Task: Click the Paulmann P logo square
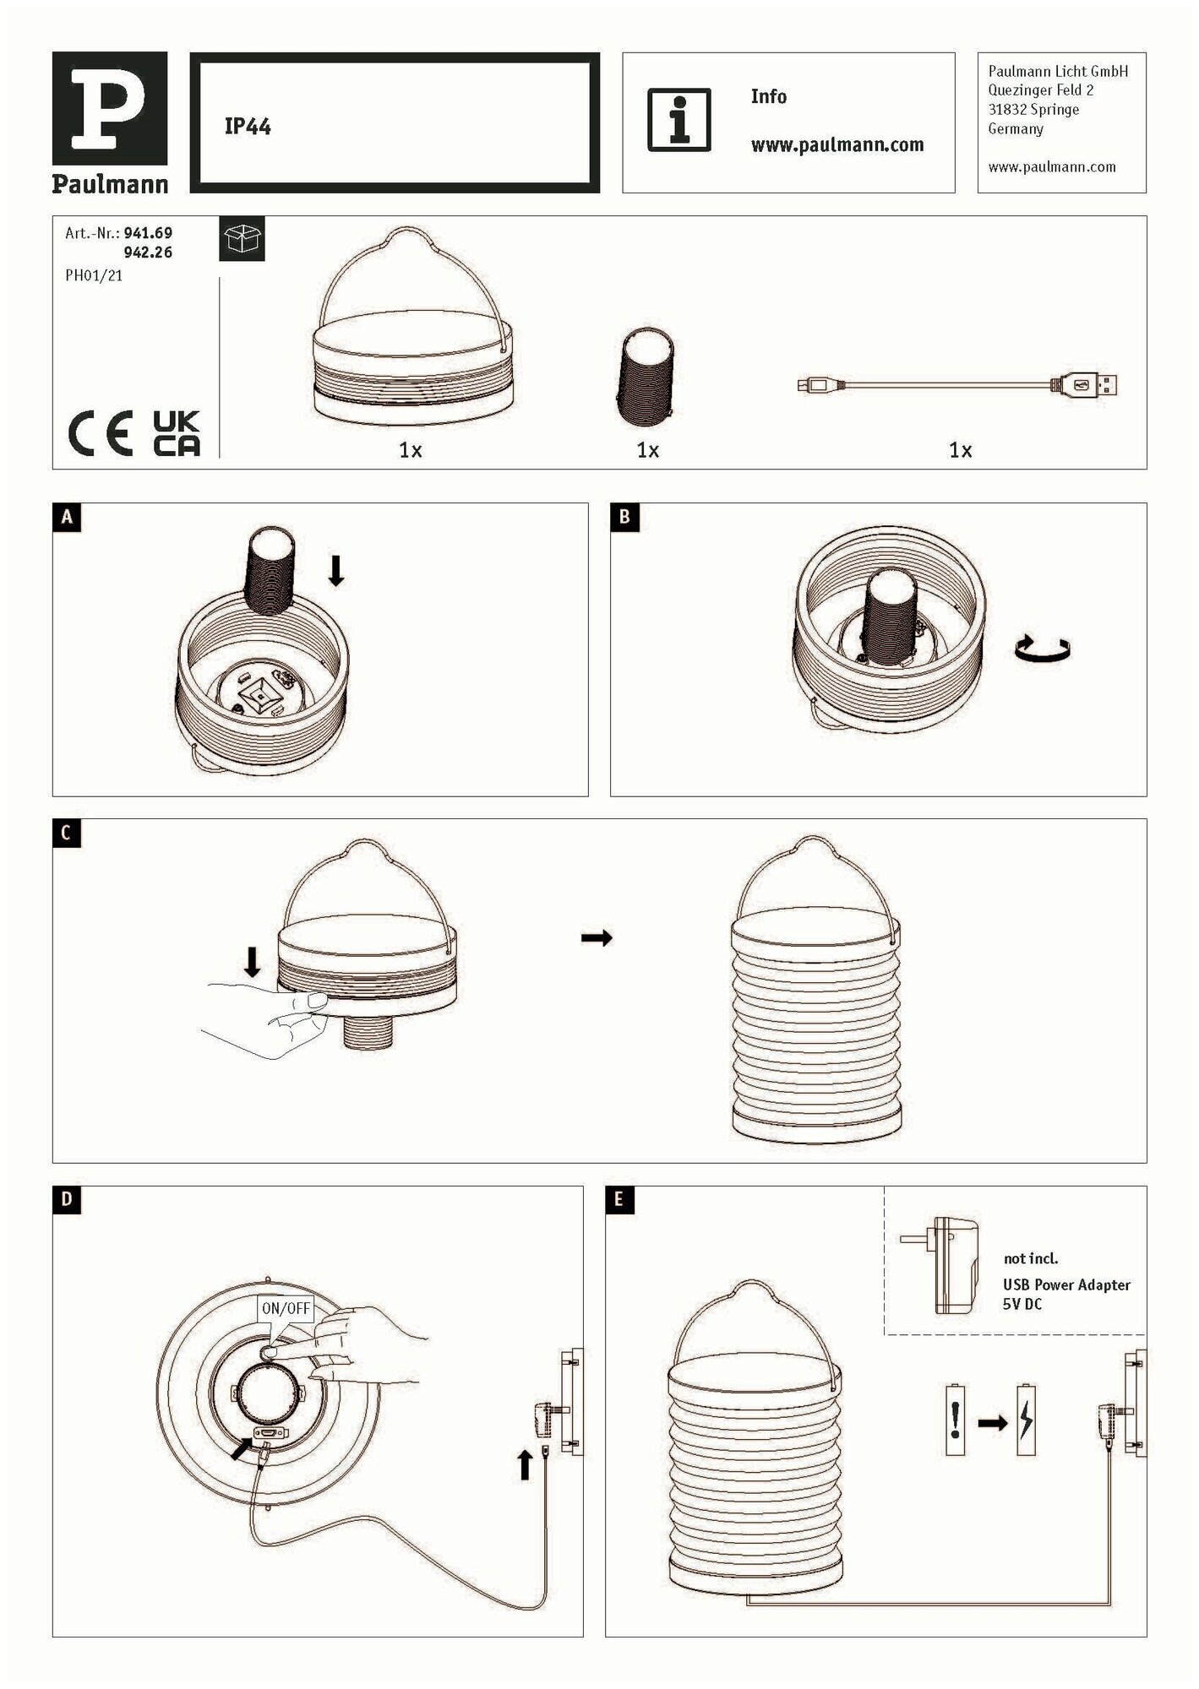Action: [x=110, y=108]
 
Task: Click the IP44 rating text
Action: [x=248, y=127]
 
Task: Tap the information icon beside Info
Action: [x=679, y=120]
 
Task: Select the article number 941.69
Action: [x=148, y=232]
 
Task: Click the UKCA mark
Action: [x=177, y=434]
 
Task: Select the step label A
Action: [x=68, y=517]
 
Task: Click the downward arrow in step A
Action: [x=335, y=570]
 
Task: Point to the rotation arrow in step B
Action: [x=1043, y=649]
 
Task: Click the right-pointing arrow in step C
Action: [x=597, y=937]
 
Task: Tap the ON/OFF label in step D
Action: [x=286, y=1309]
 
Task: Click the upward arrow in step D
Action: [x=525, y=1464]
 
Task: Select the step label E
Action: [x=619, y=1200]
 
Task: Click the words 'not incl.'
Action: [x=1030, y=1258]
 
